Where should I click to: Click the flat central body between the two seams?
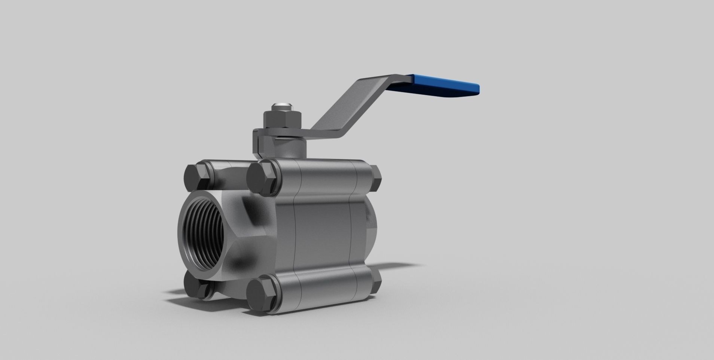[x=323, y=232]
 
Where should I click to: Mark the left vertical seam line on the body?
[x=294, y=232]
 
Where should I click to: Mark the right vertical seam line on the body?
[x=351, y=232]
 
